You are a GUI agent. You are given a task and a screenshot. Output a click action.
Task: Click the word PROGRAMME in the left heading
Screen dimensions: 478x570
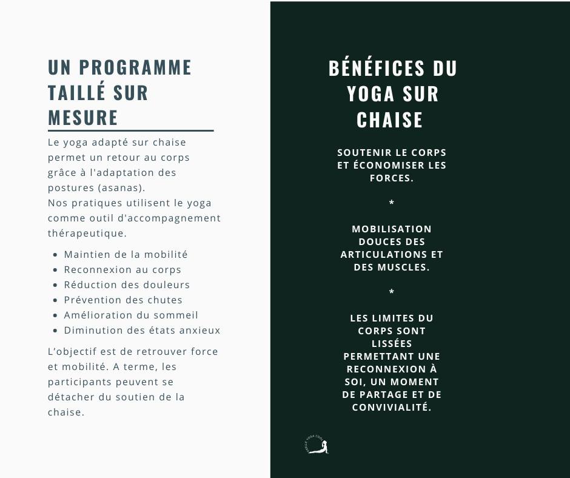click(135, 67)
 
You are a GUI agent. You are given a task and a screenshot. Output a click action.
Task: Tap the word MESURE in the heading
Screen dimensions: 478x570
click(83, 117)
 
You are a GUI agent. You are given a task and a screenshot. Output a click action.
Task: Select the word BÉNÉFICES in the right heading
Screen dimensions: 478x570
click(372, 69)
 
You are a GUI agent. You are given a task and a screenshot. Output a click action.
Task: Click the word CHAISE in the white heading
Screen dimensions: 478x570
click(390, 120)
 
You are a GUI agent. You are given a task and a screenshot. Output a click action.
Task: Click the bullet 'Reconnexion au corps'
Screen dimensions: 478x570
click(122, 270)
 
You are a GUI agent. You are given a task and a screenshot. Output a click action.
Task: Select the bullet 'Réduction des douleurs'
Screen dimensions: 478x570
click(127, 285)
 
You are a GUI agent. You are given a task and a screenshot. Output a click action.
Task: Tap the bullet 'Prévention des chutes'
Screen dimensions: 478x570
click(123, 300)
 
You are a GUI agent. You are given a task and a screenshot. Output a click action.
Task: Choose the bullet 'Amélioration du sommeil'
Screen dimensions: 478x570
click(131, 315)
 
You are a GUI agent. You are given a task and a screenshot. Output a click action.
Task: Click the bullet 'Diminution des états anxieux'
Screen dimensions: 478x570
click(142, 331)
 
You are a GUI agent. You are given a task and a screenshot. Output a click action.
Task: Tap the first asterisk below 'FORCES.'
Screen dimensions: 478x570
click(392, 202)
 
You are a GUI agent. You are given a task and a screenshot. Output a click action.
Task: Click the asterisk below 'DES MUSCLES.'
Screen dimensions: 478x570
click(392, 292)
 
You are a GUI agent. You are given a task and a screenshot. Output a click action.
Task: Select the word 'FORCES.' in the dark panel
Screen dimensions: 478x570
click(392, 178)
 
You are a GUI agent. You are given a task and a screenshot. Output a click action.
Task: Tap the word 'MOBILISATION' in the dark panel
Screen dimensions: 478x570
click(392, 229)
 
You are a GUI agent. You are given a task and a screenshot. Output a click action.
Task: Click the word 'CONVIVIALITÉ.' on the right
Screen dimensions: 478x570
click(392, 408)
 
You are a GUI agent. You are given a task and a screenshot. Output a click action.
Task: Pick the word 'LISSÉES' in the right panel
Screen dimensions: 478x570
click(392, 344)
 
